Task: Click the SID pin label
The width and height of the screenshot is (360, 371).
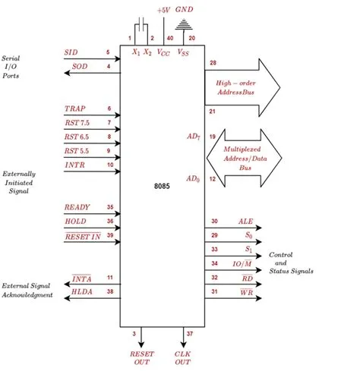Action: (x=71, y=52)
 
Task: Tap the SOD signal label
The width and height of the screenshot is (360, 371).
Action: (x=80, y=67)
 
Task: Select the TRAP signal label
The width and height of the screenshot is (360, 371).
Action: (x=75, y=108)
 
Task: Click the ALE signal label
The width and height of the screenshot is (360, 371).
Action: (x=245, y=222)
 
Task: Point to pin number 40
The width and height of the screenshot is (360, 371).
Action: (x=169, y=37)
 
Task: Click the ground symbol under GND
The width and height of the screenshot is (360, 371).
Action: (x=185, y=24)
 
